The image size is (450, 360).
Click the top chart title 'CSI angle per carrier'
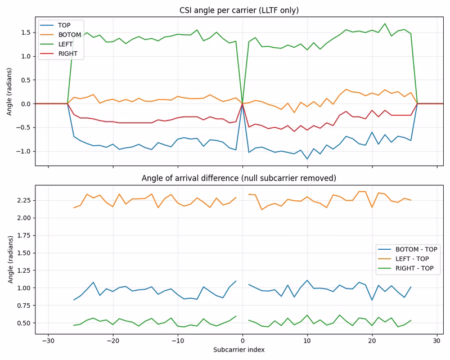(x=239, y=10)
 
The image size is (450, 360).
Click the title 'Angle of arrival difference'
(x=239, y=178)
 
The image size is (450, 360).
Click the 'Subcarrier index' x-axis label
(x=239, y=350)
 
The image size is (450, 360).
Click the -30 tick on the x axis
(x=48, y=341)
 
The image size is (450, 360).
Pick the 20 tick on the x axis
(x=372, y=341)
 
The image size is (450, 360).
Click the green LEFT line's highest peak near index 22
(x=385, y=24)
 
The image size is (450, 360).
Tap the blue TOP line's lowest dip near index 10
(x=307, y=159)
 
